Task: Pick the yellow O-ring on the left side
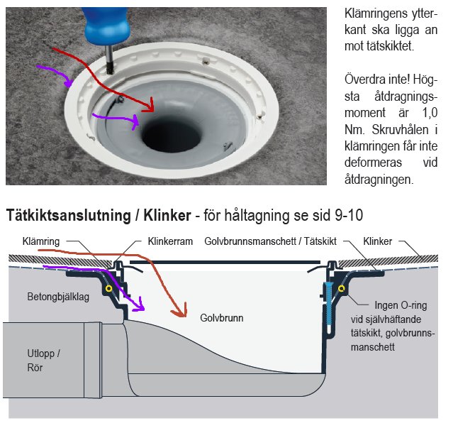coord(108,290)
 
